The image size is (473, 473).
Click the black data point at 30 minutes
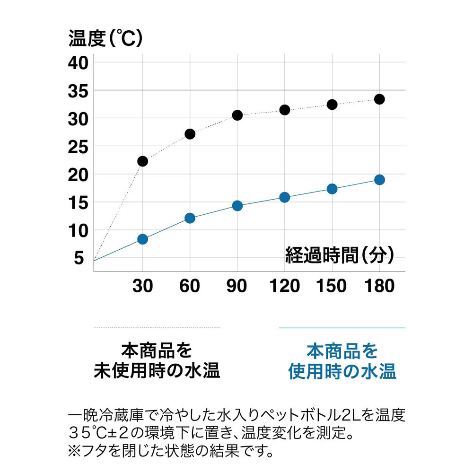tap(142, 161)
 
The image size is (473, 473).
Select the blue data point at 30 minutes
tap(142, 239)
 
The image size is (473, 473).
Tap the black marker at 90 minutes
tap(237, 115)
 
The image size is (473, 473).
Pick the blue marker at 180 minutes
tap(379, 180)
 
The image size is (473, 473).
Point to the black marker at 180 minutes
tap(379, 99)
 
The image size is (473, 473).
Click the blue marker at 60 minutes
tap(190, 218)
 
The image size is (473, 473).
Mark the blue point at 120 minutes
tap(285, 197)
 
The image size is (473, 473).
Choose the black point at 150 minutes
tap(332, 105)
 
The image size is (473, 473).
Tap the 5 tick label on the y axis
tap(78, 258)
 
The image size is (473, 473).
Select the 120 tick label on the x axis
tap(285, 286)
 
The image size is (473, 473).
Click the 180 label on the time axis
tap(380, 286)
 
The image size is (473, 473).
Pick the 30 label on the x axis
tap(142, 286)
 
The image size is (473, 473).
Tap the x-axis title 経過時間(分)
tap(339, 255)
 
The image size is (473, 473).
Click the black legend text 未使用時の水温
tap(157, 371)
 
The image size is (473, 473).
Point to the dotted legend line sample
tap(157, 328)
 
